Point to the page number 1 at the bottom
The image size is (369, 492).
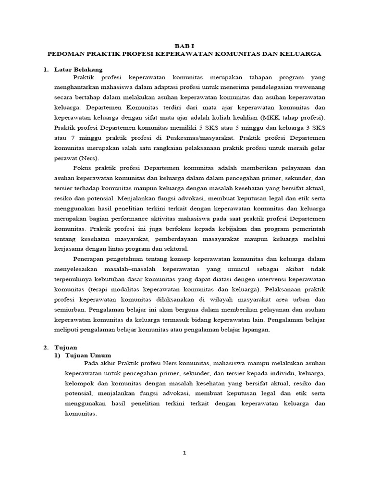(x=184, y=452)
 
